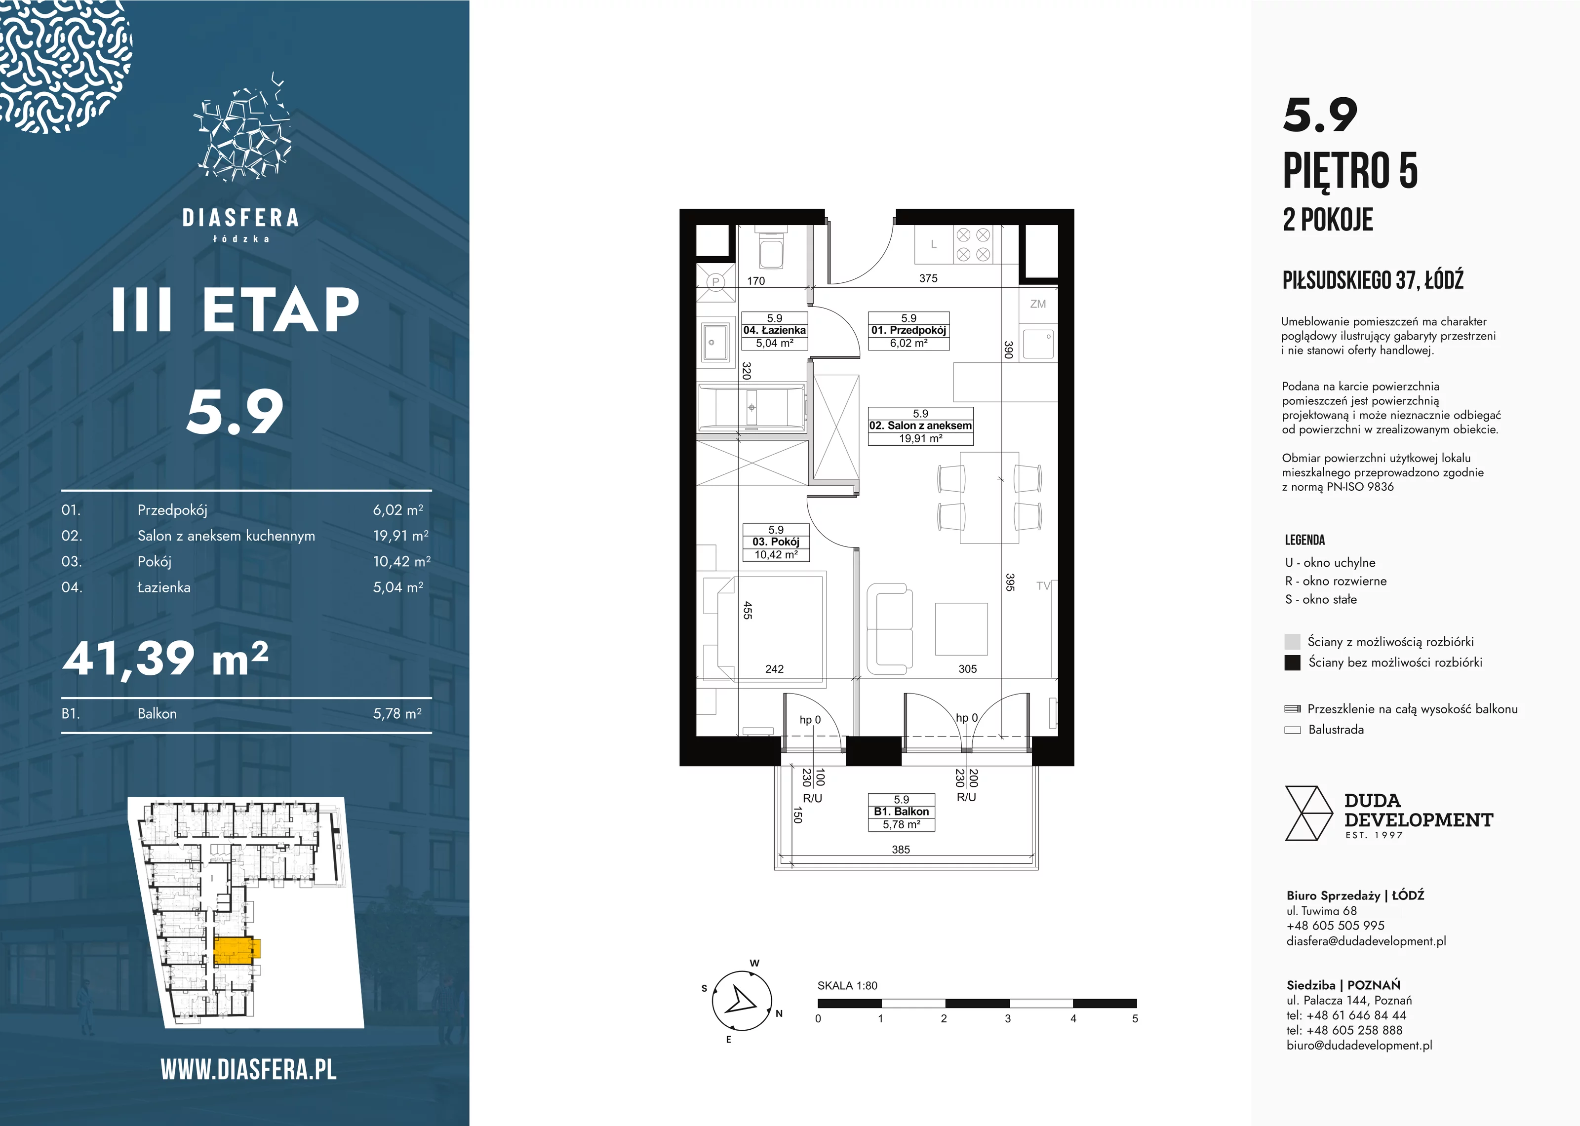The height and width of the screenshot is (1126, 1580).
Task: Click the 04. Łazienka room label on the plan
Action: [x=774, y=331]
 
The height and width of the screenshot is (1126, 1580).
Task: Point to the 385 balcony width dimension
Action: [x=901, y=850]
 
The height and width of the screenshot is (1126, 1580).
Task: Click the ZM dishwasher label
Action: [x=1038, y=304]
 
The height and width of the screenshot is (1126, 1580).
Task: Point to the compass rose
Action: [x=742, y=1001]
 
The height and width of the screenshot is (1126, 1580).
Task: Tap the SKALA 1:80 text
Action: [x=847, y=985]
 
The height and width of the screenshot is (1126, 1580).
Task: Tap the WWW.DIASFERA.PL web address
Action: [x=248, y=1070]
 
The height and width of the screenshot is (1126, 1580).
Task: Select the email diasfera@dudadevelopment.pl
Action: [x=1366, y=941]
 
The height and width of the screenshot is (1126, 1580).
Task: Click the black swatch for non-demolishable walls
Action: [x=1292, y=662]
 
